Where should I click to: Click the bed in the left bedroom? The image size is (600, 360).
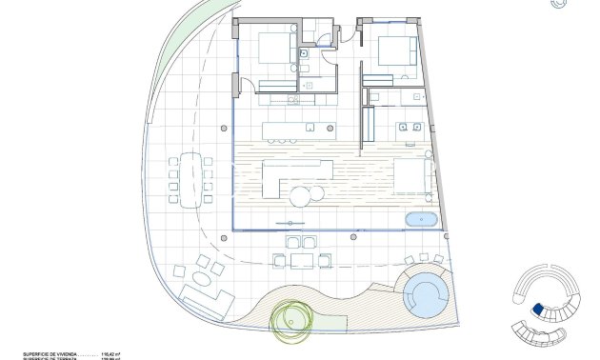[276, 49]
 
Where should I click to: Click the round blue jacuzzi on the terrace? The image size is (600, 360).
[425, 294]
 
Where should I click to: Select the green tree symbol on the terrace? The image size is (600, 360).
[290, 321]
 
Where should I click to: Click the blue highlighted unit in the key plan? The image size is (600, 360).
[538, 310]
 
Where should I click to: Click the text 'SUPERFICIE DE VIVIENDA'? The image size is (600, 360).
[39, 353]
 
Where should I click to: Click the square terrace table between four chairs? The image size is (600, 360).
[301, 260]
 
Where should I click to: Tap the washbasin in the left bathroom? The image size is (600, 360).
[308, 85]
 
